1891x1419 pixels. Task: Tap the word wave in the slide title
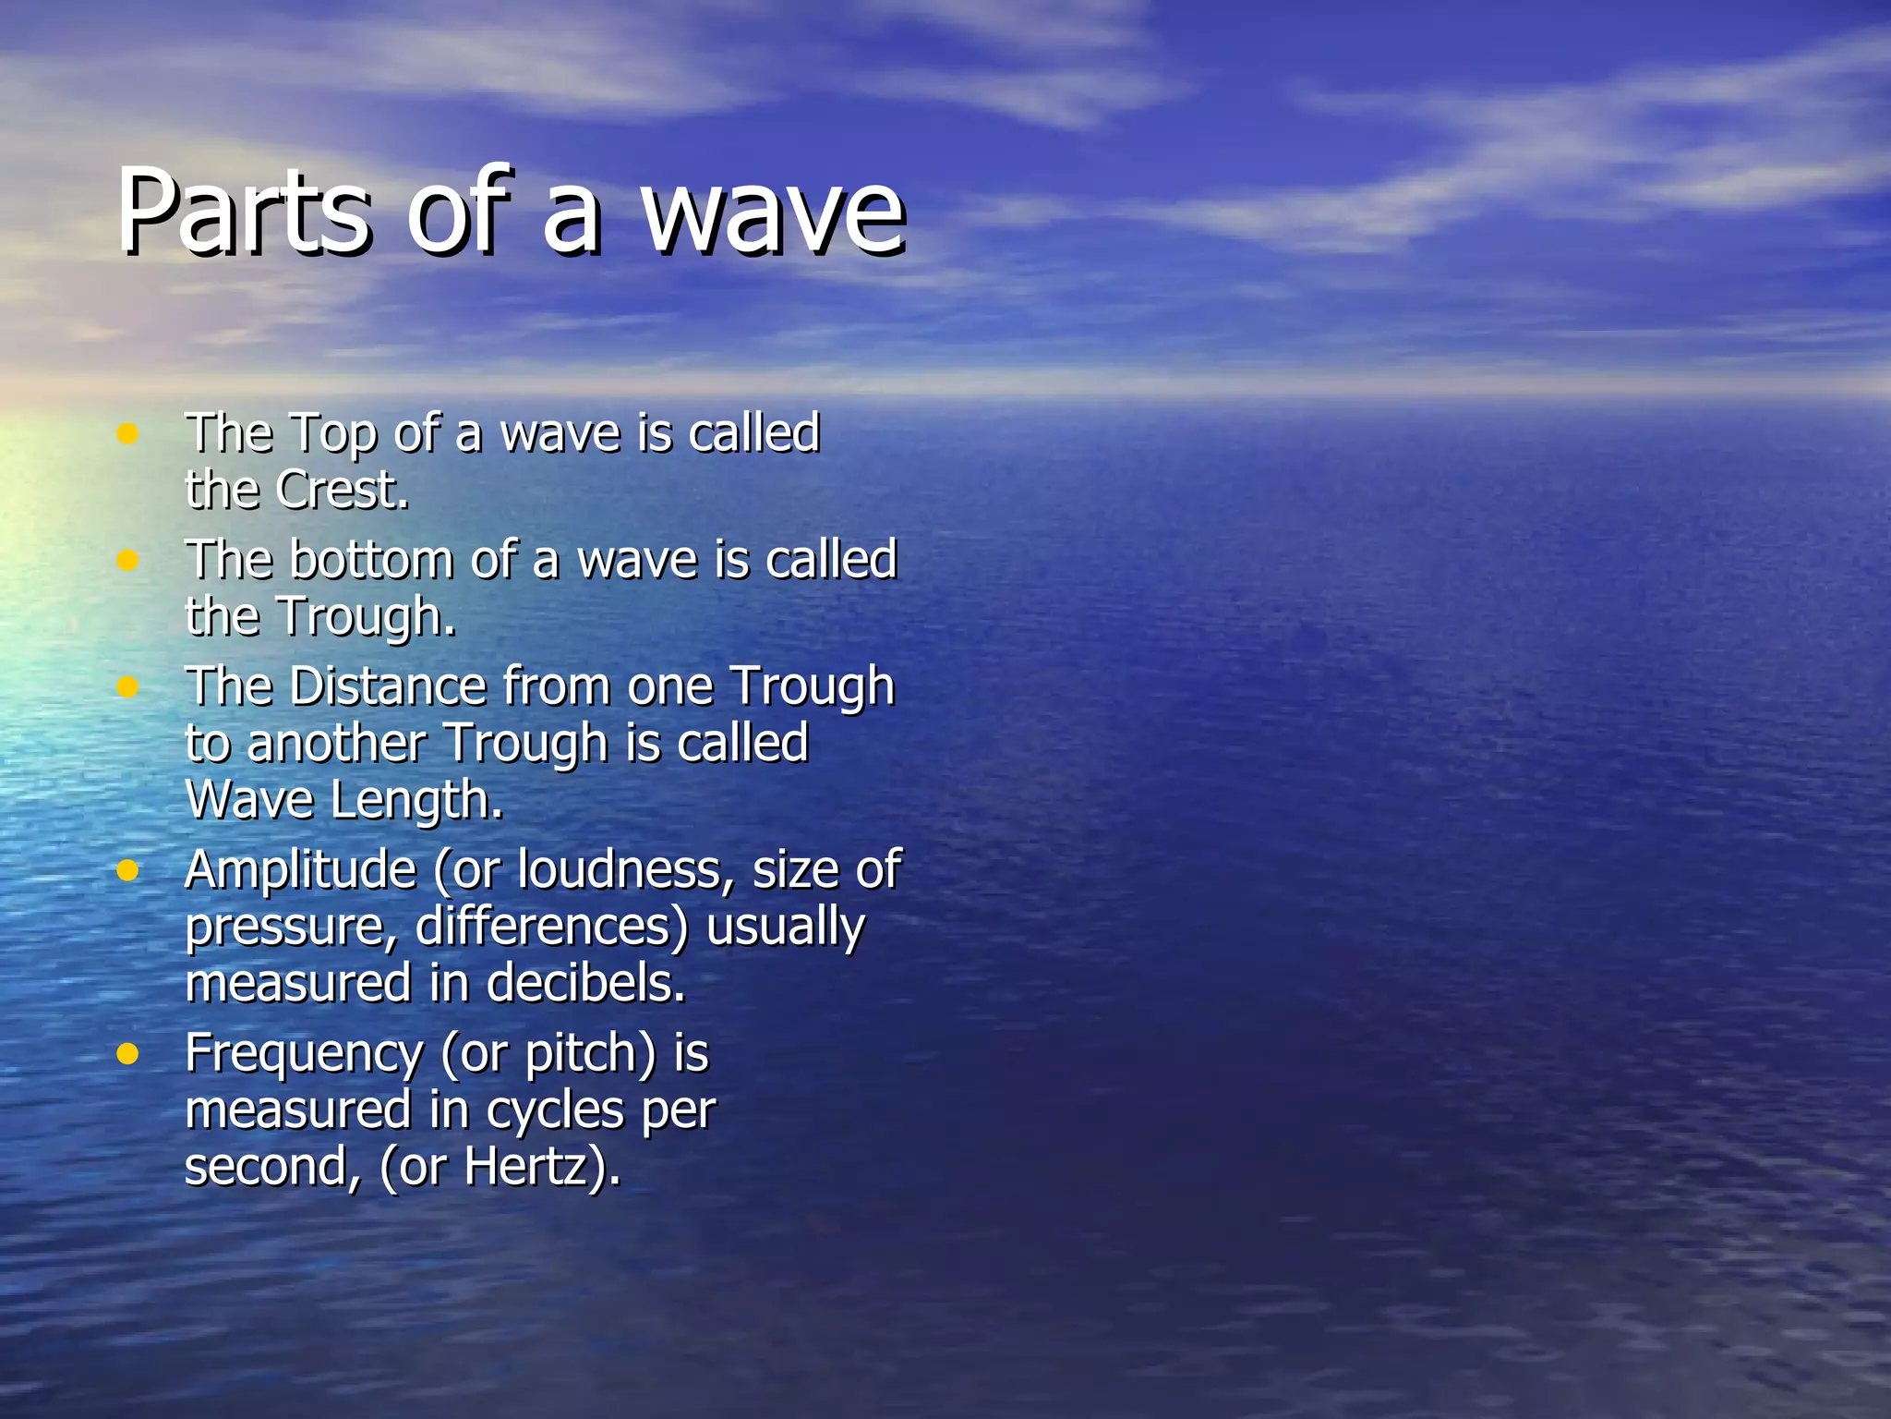point(774,214)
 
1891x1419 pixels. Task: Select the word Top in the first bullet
point(333,433)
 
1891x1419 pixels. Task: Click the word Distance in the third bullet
point(388,686)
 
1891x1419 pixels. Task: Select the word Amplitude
point(301,870)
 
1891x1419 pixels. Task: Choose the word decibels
point(585,983)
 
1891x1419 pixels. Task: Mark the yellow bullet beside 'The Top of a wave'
point(127,433)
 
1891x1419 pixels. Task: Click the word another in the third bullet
point(337,743)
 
